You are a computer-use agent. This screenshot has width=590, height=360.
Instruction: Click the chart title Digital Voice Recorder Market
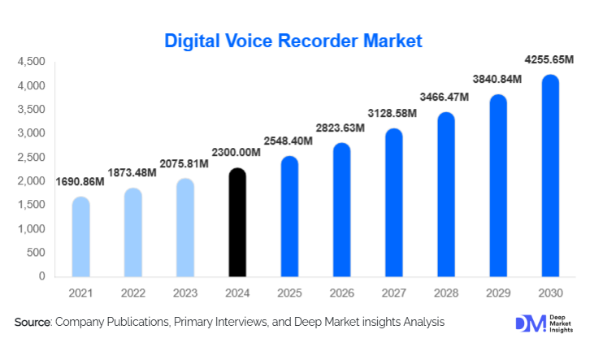pos(293,40)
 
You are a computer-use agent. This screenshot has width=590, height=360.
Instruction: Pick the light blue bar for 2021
pos(80,236)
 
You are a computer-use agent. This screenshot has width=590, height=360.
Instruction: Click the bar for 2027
pos(393,202)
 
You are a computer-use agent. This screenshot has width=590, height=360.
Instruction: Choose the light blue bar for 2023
pos(184,228)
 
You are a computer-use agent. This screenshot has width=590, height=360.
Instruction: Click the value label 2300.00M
pos(236,152)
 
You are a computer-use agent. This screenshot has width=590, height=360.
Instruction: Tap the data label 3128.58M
pos(393,112)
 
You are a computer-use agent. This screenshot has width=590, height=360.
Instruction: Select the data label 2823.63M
pos(341,127)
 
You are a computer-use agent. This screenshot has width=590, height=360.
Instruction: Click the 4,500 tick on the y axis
pos(32,62)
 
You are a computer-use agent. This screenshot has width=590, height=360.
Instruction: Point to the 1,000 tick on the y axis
pos(32,229)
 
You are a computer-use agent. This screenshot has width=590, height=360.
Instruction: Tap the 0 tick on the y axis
pos(41,276)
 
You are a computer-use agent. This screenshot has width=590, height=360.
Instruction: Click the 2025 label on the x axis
pos(289,292)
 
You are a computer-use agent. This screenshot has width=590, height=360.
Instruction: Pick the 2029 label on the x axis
pos(498,292)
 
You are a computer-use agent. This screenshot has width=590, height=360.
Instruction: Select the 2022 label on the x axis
pos(132,292)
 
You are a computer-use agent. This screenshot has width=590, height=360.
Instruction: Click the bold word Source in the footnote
pos(33,323)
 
